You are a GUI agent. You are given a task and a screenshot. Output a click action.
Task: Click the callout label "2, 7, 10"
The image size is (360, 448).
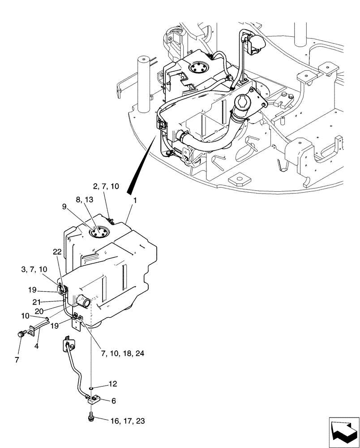click(x=106, y=186)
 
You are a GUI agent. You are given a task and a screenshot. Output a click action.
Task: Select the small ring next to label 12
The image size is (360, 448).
click(x=91, y=388)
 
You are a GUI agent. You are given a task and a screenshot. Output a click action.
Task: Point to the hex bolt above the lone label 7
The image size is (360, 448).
click(x=21, y=334)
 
